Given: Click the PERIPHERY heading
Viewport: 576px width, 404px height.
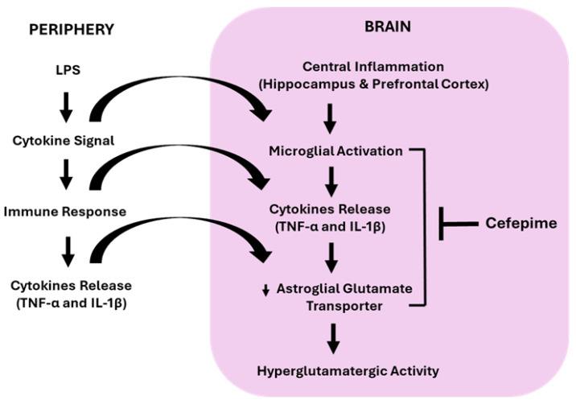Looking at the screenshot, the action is tap(72, 30).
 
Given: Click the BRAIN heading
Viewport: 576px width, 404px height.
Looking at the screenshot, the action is tap(388, 27).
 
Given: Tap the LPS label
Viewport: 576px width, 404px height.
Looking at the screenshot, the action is tap(68, 70).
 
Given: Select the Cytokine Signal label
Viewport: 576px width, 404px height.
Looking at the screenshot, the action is tap(64, 141).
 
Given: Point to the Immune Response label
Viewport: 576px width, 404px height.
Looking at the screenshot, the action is tap(64, 212).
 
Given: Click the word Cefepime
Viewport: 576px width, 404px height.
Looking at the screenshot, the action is tap(521, 223).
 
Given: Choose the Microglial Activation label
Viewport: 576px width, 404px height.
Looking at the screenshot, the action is tap(335, 151).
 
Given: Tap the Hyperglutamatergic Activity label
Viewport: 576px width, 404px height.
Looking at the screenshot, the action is tap(348, 371).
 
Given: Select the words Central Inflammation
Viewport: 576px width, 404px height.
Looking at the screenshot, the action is tap(373, 67).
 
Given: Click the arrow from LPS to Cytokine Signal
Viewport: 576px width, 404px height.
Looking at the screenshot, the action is tap(66, 107).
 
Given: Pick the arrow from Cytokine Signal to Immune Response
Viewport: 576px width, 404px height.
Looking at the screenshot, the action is tap(66, 175).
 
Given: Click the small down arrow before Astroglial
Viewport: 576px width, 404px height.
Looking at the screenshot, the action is tap(265, 291).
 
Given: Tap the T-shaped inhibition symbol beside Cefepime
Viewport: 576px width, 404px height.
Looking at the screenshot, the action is tap(459, 224).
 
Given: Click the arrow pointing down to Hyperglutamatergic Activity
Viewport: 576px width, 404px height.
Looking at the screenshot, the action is tap(333, 339).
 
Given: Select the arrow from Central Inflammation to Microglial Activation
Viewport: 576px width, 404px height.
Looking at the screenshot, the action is tap(330, 119).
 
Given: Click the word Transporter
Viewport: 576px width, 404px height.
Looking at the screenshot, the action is tap(344, 306).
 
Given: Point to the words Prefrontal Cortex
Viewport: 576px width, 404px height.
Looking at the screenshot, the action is tap(430, 85).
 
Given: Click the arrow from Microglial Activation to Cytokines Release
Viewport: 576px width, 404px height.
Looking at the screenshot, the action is tap(331, 182).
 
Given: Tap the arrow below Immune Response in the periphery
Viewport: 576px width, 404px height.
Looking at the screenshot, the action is tap(68, 251).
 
